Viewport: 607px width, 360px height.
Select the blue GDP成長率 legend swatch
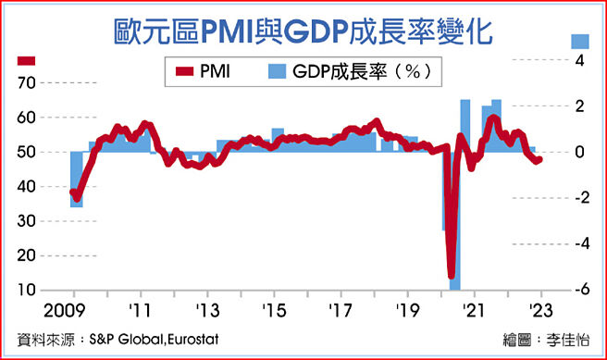pyautogui.click(x=276, y=68)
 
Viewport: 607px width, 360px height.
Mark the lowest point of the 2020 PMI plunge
pyautogui.click(x=452, y=275)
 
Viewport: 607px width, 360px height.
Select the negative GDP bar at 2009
pyautogui.click(x=76, y=180)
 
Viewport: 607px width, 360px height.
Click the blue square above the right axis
pyautogui.click(x=580, y=41)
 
